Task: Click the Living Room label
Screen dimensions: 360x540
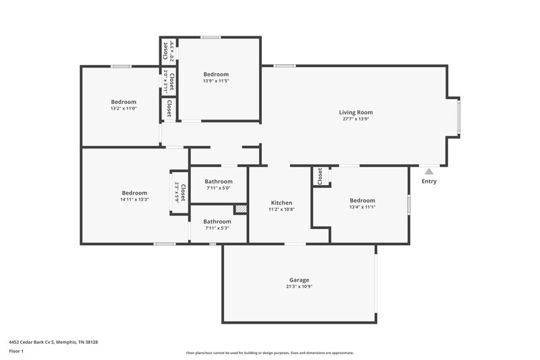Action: click(356, 112)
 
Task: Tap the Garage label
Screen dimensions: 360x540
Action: click(299, 280)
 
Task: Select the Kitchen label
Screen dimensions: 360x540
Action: click(281, 203)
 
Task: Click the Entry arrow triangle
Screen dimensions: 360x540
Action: click(429, 172)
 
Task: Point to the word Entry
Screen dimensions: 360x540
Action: click(429, 181)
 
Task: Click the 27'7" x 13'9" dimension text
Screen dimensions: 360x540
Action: click(356, 119)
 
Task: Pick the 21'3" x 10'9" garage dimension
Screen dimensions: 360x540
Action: click(299, 286)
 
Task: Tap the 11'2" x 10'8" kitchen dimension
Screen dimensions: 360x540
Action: click(281, 209)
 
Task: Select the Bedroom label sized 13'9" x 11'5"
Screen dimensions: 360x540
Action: click(216, 74)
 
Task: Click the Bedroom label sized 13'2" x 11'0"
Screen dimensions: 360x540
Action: click(124, 102)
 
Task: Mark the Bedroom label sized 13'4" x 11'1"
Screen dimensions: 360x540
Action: click(362, 200)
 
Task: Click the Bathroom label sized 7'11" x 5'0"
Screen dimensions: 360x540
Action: click(219, 181)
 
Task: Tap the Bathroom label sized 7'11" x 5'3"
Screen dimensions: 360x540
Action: click(217, 221)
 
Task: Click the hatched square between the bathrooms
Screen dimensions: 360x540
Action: click(241, 209)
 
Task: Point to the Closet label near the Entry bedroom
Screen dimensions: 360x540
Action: click(320, 176)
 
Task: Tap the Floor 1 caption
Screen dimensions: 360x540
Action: click(17, 352)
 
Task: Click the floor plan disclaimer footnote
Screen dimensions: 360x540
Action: click(270, 353)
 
